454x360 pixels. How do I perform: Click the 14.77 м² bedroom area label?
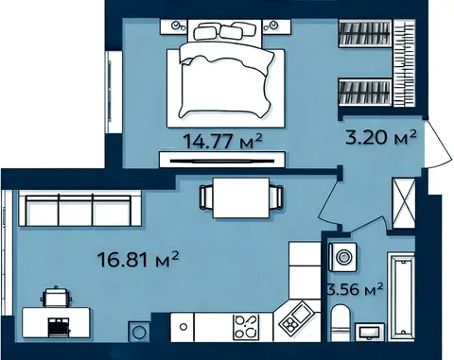(x=222, y=141)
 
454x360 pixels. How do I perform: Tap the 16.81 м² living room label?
(x=138, y=259)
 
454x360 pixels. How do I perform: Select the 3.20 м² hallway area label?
(x=381, y=137)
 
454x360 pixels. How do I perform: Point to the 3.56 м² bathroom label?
(x=356, y=289)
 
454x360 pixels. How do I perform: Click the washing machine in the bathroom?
(x=342, y=257)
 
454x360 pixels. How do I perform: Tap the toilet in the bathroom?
(x=340, y=322)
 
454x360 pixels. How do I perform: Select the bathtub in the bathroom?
(x=401, y=297)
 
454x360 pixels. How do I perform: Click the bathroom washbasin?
(x=370, y=332)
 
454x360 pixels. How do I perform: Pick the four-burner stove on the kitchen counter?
(x=246, y=327)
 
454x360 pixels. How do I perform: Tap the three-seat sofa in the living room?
(x=79, y=208)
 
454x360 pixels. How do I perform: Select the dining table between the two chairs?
(x=241, y=197)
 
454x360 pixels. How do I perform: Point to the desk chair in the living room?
(x=56, y=297)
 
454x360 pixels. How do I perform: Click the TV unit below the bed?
(x=222, y=160)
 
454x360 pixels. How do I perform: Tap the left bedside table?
(x=174, y=26)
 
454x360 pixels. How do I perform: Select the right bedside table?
(x=276, y=26)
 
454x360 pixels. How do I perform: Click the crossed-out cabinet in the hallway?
(x=404, y=203)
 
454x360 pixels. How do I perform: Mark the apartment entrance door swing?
(x=439, y=145)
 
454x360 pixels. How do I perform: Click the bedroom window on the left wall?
(x=113, y=92)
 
